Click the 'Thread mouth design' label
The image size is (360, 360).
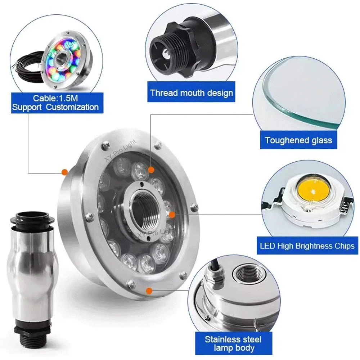[192, 93]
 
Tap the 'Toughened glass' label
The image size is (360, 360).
[298, 140]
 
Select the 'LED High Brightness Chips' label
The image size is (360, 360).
[307, 246]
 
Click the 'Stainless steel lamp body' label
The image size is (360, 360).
[233, 343]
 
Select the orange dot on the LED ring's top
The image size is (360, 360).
[151, 169]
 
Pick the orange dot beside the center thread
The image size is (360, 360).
[172, 215]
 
